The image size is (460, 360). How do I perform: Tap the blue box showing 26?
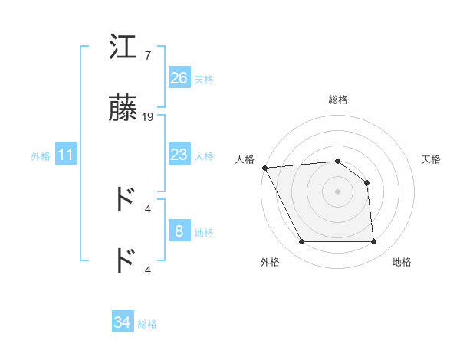pos(179,78)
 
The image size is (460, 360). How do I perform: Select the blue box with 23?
pos(179,155)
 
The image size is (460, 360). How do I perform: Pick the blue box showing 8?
pos(179,231)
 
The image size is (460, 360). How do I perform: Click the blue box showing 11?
pos(66,155)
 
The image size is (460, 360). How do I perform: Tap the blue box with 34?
pos(123,322)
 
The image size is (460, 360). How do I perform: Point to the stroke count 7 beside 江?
pos(147,56)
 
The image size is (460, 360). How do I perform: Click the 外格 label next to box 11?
pos(41,156)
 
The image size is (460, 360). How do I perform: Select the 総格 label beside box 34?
pos(147,324)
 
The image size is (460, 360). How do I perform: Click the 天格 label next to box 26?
pos(204,80)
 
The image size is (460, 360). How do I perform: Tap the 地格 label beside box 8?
pos(204,233)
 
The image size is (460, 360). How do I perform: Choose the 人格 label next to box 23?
pos(204,156)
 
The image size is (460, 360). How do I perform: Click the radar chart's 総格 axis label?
pos(337,100)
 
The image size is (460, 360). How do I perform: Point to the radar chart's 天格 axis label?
pos(432,159)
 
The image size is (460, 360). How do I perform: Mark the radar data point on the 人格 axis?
pos(264,168)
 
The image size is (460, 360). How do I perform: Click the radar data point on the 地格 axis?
pos(373,242)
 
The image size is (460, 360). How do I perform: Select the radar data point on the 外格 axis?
pos(301,242)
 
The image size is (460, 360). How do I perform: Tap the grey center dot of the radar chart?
pos(337,191)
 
